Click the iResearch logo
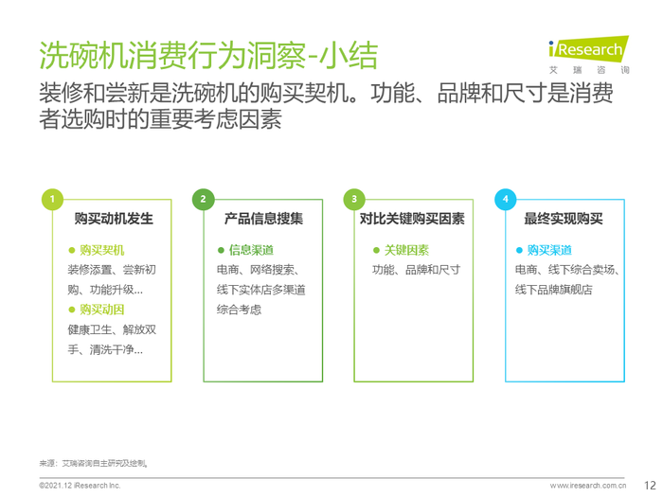(x=588, y=55)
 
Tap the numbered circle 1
(x=52, y=199)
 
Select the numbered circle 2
(x=203, y=199)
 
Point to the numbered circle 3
(x=354, y=199)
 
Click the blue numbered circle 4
(x=505, y=199)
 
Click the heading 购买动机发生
(x=114, y=219)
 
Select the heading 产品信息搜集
(x=264, y=219)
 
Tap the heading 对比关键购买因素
(x=412, y=219)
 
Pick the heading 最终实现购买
(x=564, y=219)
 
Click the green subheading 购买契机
(x=102, y=250)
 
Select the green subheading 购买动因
(x=102, y=310)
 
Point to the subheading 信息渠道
(x=252, y=250)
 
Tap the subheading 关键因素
(x=406, y=250)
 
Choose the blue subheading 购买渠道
(x=549, y=250)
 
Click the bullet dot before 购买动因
(x=71, y=310)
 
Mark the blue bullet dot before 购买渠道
(x=519, y=250)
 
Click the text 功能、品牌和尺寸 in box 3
(x=417, y=270)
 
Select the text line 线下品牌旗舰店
(x=553, y=290)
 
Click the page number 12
(x=650, y=485)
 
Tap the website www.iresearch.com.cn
(x=588, y=486)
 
